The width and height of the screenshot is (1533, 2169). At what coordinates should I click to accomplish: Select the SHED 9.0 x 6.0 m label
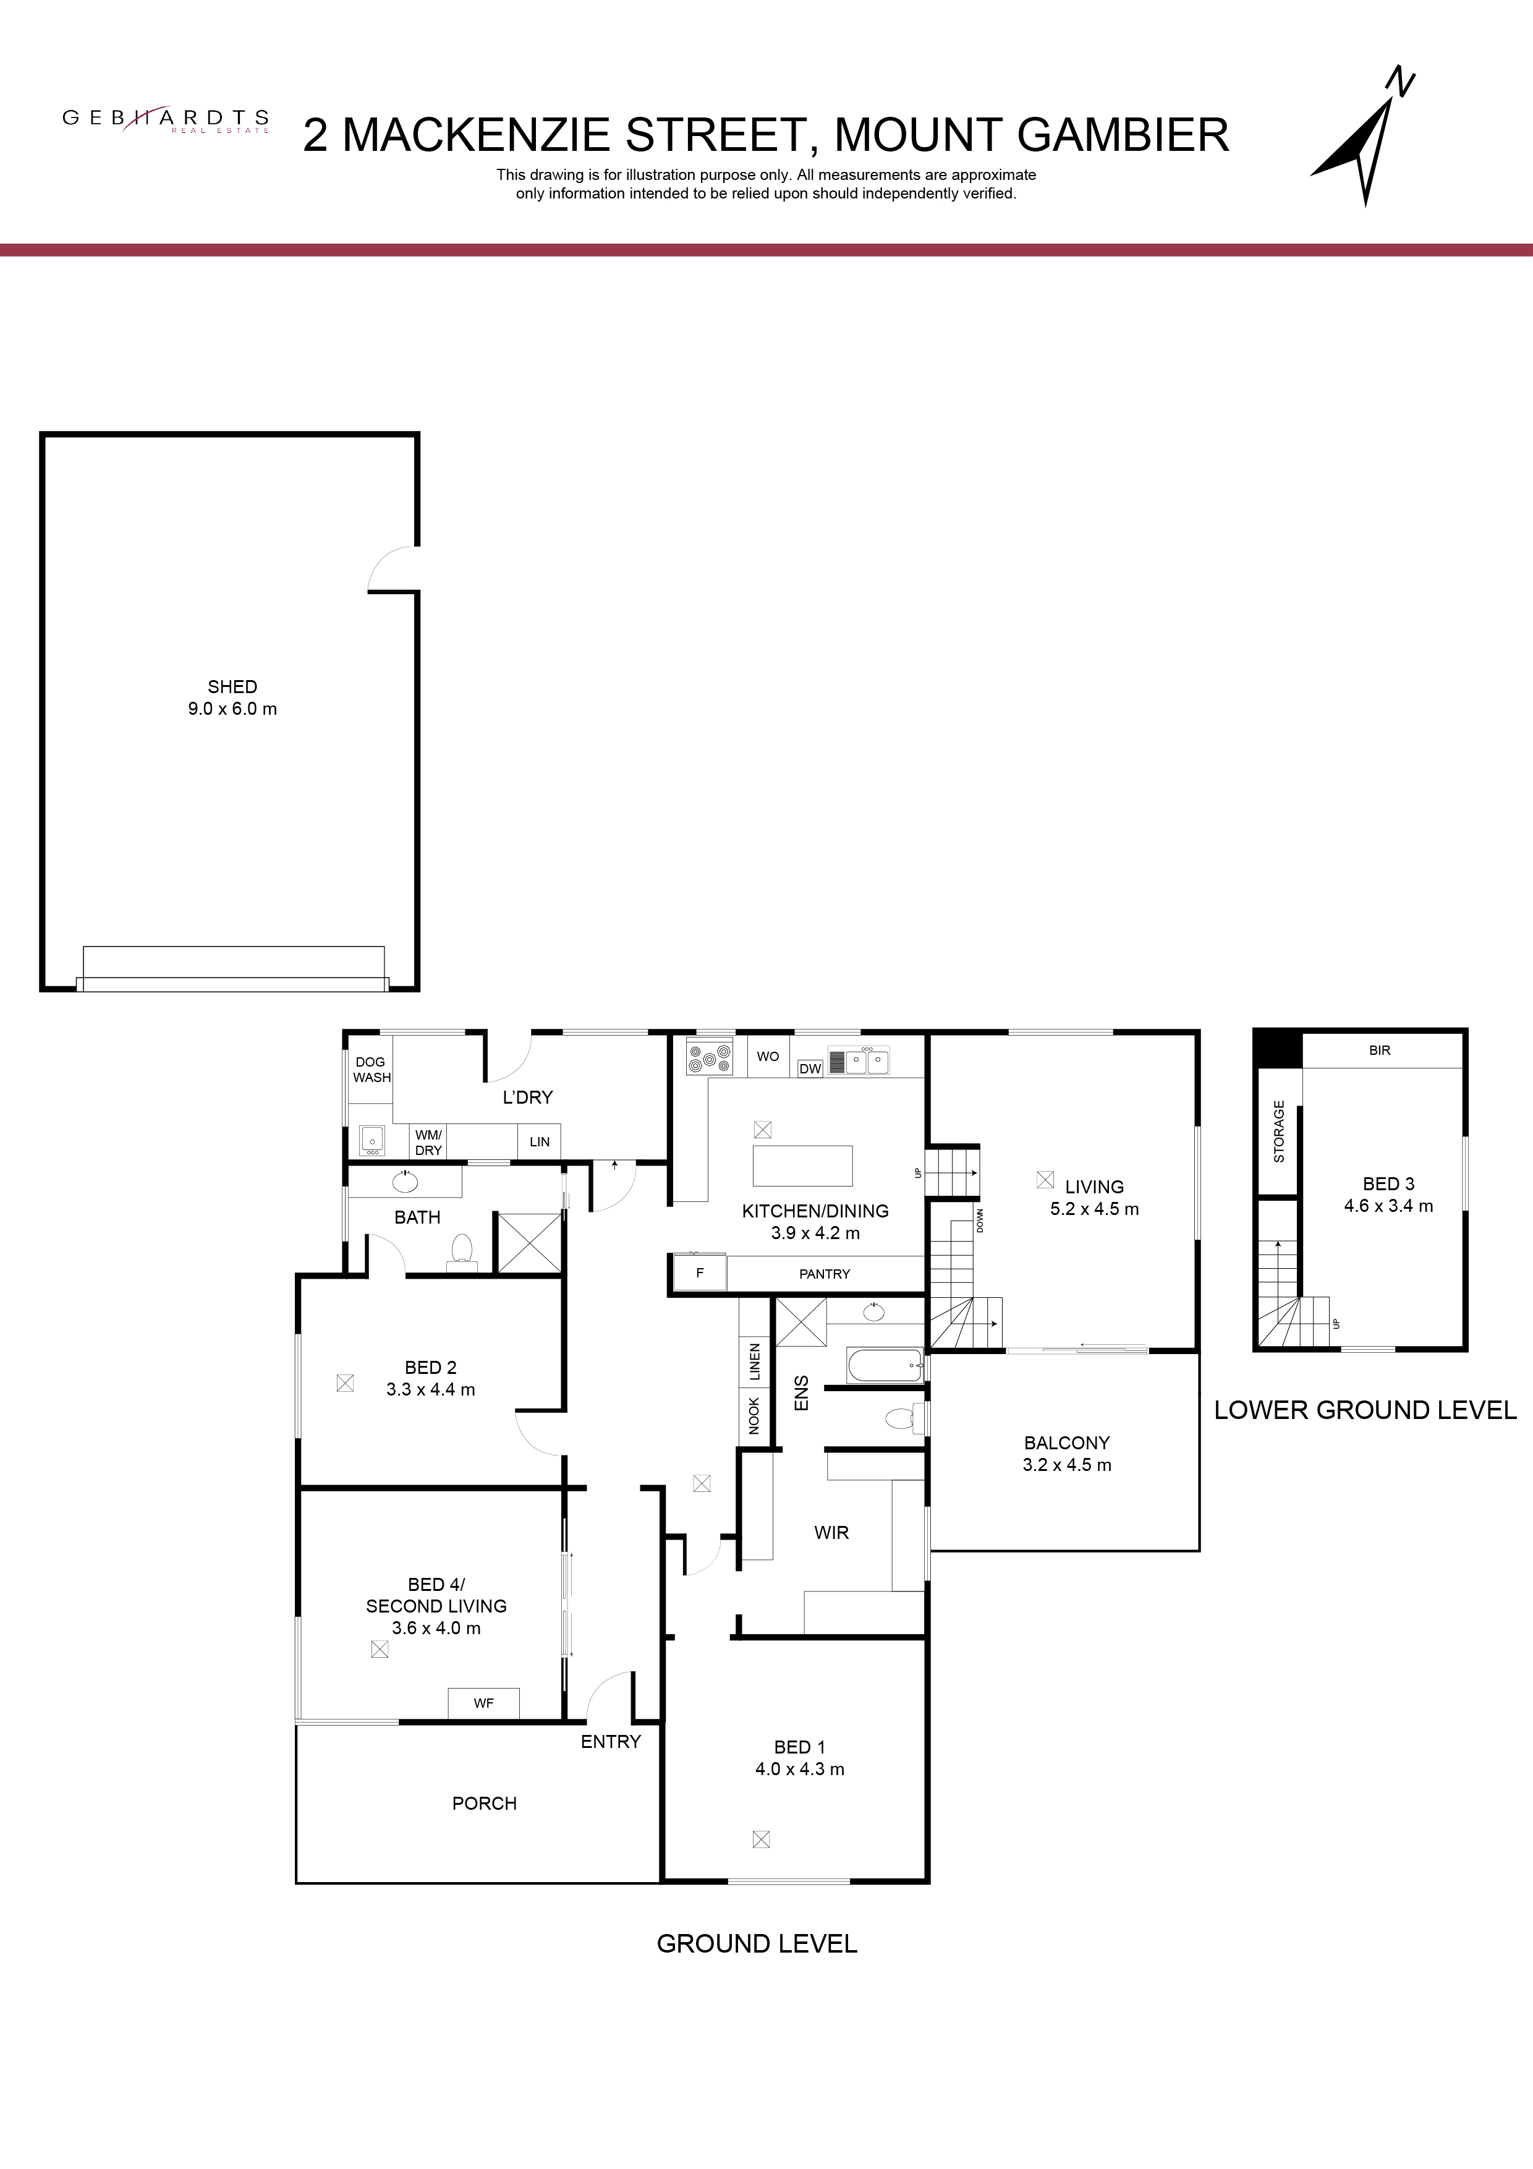click(x=232, y=698)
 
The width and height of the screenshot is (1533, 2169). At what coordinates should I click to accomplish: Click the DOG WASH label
click(x=372, y=1070)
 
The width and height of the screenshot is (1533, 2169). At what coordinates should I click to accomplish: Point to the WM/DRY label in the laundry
click(x=429, y=1142)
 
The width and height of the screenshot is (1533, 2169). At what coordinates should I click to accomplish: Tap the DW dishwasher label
click(x=810, y=1068)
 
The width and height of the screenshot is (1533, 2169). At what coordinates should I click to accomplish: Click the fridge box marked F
click(x=700, y=1272)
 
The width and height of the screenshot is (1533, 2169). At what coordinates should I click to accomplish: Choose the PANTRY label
click(x=825, y=1274)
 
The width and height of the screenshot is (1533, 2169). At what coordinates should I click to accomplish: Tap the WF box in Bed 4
click(x=483, y=1703)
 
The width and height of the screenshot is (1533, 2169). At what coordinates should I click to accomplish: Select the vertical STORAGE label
click(x=1279, y=1131)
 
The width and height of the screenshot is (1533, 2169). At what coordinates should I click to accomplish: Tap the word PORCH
click(x=485, y=1804)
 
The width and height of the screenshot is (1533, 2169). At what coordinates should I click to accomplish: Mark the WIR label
click(x=831, y=1532)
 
